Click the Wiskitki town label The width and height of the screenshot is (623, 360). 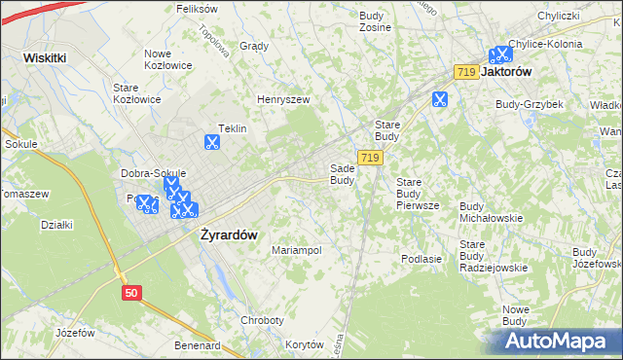click(x=45, y=57)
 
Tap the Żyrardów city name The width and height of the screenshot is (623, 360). click(x=228, y=234)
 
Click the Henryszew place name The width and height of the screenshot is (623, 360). click(x=282, y=99)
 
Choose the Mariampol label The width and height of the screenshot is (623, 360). click(x=296, y=250)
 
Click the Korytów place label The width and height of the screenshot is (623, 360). click(x=305, y=344)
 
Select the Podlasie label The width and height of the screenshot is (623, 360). click(x=421, y=259)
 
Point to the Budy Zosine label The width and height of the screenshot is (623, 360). click(x=375, y=21)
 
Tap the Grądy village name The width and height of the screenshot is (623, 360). click(x=253, y=46)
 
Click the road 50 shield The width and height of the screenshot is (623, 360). click(x=132, y=291)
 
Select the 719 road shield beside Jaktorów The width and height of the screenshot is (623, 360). click(x=465, y=72)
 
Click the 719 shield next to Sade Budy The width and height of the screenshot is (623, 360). click(x=368, y=157)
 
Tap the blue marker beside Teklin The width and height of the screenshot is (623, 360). click(x=211, y=141)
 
